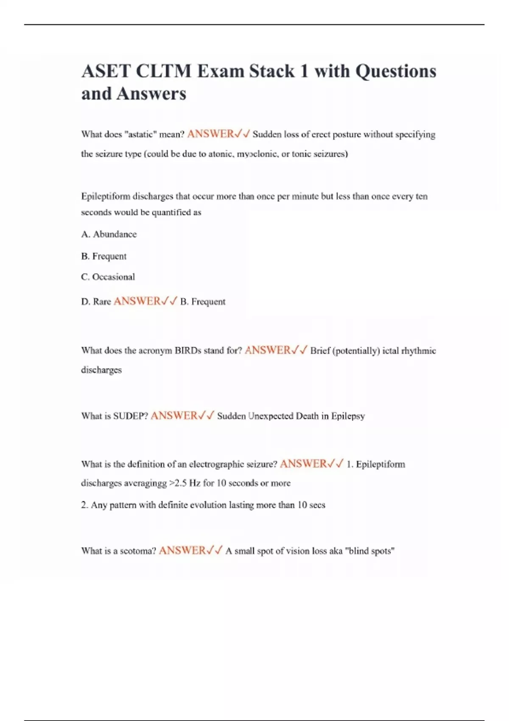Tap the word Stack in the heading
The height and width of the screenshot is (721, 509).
[x=271, y=71]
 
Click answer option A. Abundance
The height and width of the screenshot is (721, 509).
[x=109, y=234]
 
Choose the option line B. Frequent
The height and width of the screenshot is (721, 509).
[x=104, y=256]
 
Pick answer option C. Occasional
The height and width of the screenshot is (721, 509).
[x=108, y=277]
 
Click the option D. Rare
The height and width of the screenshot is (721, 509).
[x=96, y=302]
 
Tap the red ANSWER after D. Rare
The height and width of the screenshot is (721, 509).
[x=137, y=301]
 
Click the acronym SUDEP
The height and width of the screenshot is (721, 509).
[x=131, y=416]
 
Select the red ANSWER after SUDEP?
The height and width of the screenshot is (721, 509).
[x=174, y=416]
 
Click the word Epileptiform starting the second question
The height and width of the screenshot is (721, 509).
[x=106, y=196]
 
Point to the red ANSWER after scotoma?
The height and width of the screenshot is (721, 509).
[x=182, y=551]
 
